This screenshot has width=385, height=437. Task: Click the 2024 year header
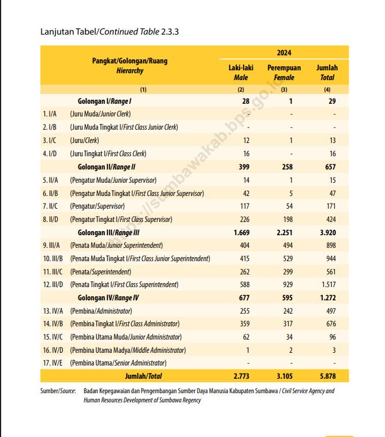(283, 52)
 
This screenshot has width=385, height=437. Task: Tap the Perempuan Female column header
(284, 72)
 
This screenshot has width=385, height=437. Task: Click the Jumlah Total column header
(327, 72)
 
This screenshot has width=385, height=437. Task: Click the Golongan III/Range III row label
(109, 232)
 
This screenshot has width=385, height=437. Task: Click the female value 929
(287, 285)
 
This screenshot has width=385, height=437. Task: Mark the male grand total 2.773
(241, 376)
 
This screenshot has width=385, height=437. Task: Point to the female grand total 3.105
(286, 376)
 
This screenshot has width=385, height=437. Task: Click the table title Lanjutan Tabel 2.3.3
(110, 31)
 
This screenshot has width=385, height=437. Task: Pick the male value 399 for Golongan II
(242, 167)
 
